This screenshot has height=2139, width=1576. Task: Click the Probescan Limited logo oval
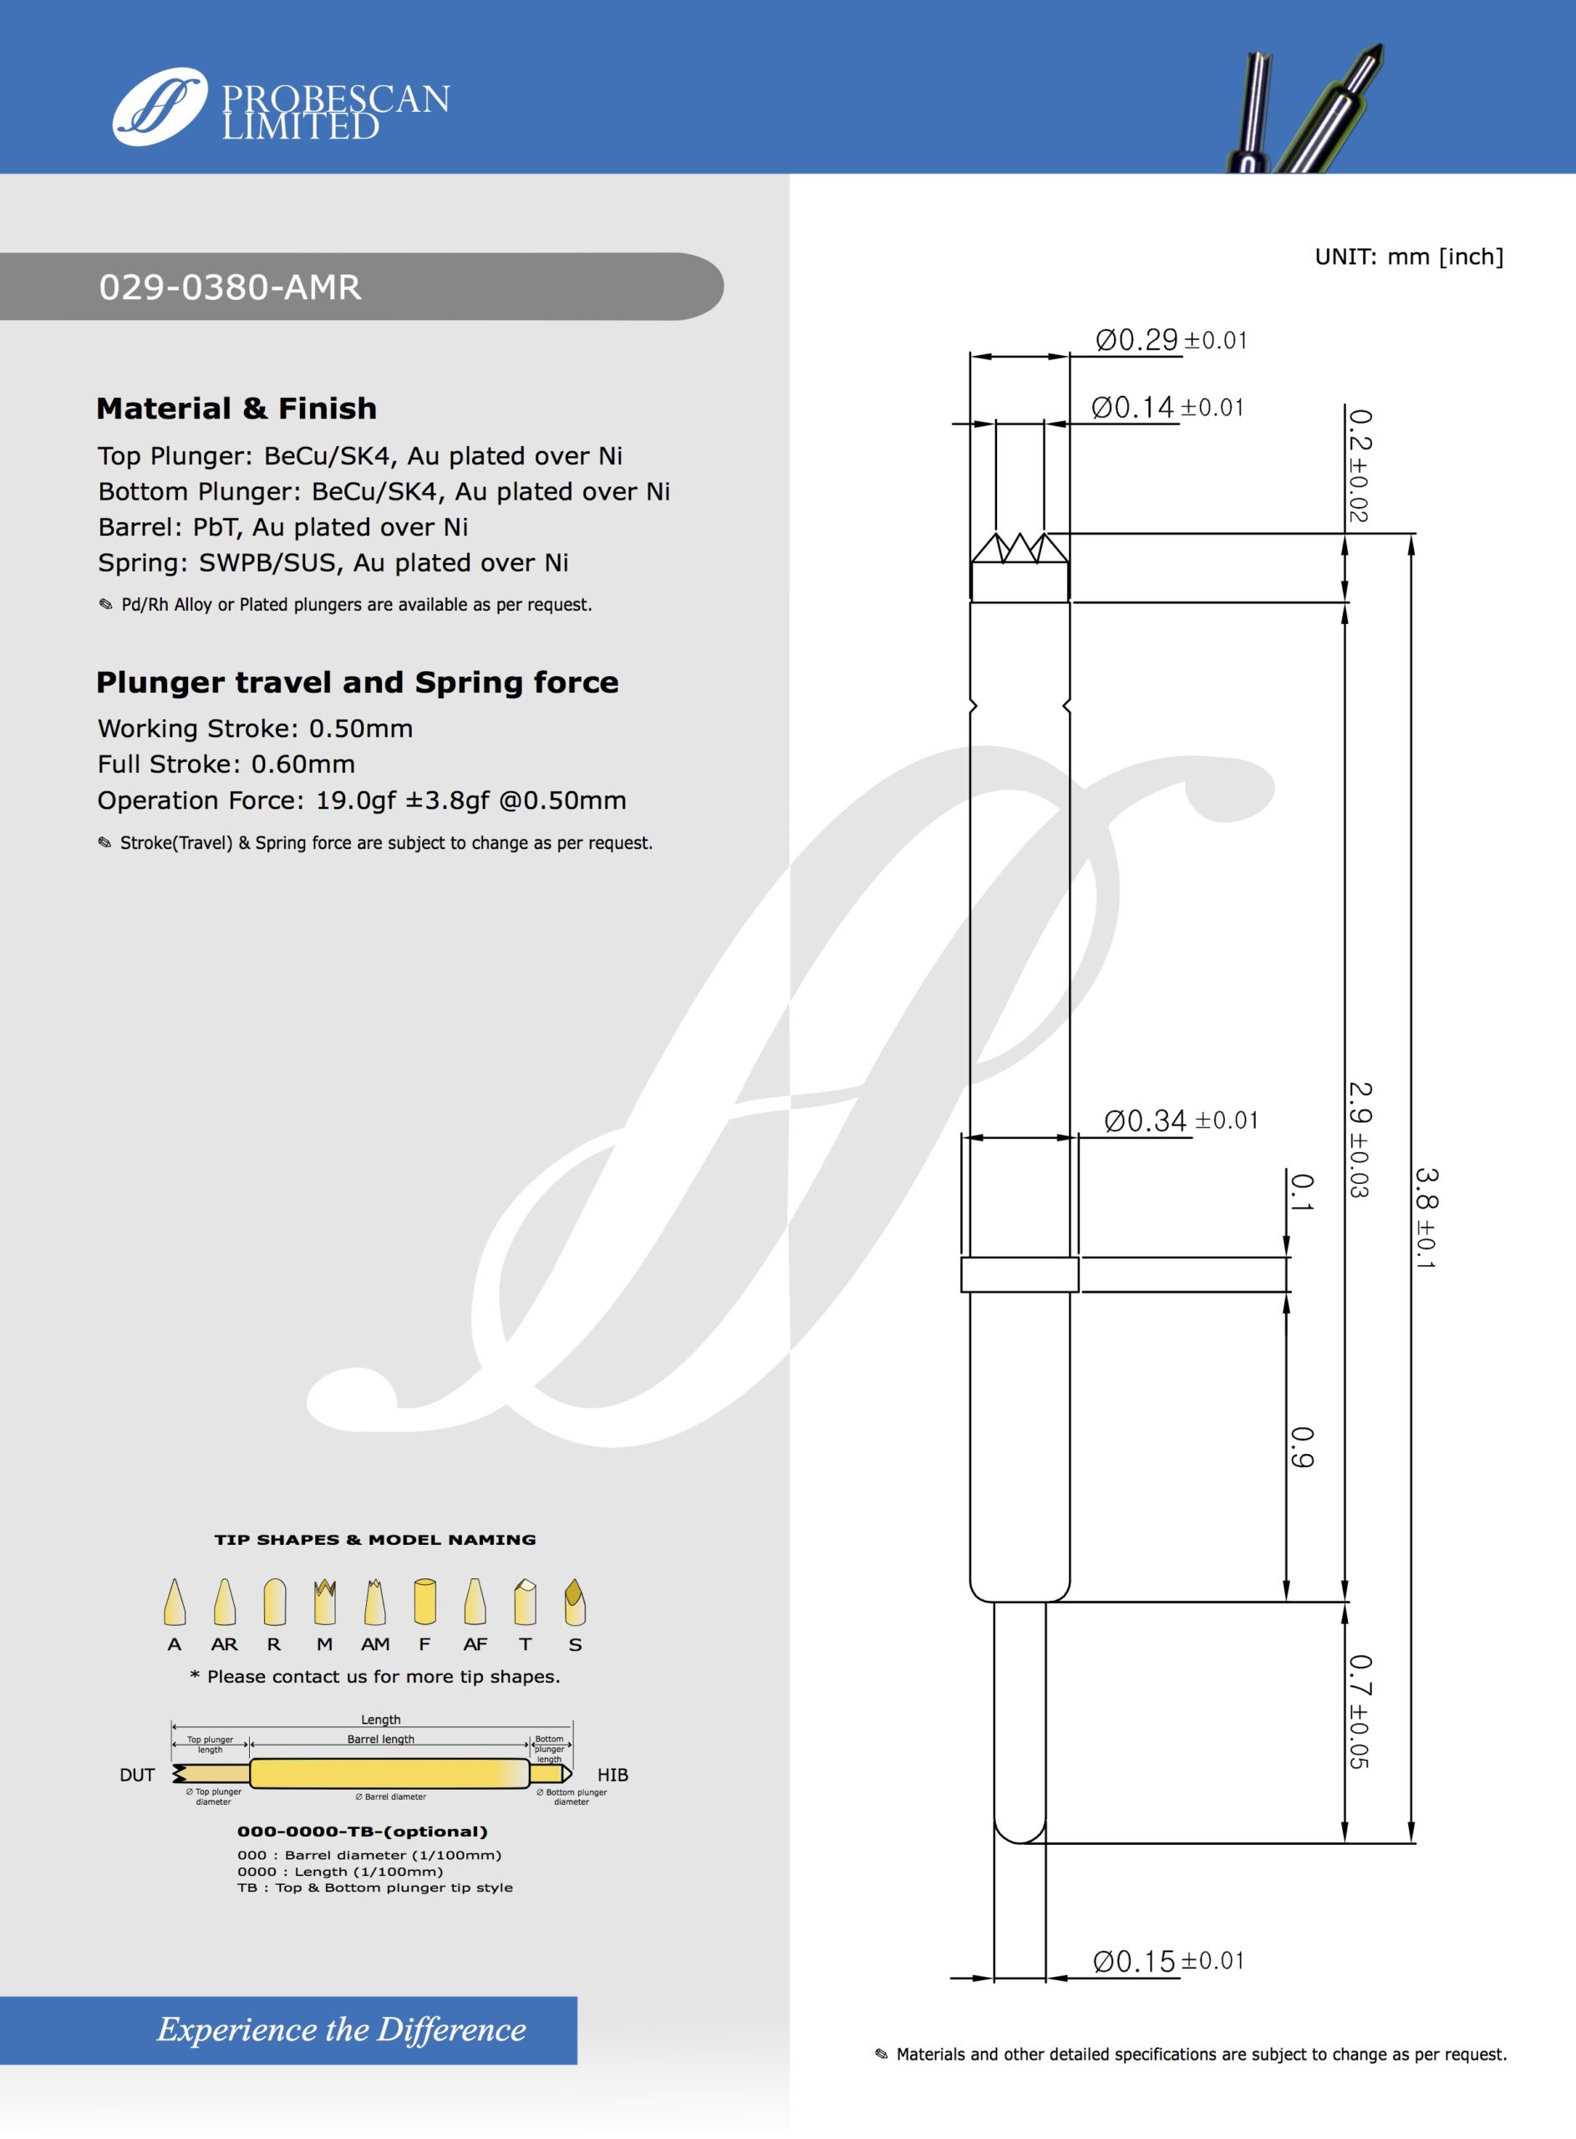click(x=160, y=106)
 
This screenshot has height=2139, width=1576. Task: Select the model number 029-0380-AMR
click(x=230, y=287)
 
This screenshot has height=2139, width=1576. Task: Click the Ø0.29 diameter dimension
click(x=1171, y=340)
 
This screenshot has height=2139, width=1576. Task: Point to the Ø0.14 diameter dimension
click(x=1167, y=408)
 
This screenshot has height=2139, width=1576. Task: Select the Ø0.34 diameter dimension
click(x=1180, y=1120)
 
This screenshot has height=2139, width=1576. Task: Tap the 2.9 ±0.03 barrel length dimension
click(x=1359, y=1140)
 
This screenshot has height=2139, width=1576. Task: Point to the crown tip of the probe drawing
click(x=1019, y=549)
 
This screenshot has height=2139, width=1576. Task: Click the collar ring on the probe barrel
click(x=1019, y=1275)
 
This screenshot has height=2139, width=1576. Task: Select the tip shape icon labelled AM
click(x=375, y=1603)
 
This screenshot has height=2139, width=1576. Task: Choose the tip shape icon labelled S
click(x=574, y=1603)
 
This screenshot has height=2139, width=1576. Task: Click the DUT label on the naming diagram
click(x=137, y=1775)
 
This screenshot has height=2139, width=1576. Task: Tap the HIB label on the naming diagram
click(x=613, y=1775)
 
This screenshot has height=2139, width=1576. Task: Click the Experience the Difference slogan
click(x=342, y=2030)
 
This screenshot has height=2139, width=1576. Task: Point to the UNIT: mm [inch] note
click(x=1408, y=257)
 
